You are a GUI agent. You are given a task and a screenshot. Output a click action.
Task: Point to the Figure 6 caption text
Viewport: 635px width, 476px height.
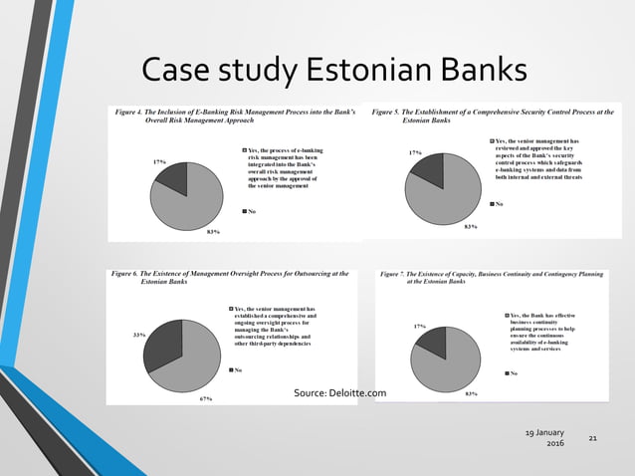click(x=231, y=276)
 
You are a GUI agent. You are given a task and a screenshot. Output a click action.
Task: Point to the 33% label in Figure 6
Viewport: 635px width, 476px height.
click(x=138, y=336)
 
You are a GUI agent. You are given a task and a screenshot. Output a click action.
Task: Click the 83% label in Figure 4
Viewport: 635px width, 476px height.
click(x=212, y=232)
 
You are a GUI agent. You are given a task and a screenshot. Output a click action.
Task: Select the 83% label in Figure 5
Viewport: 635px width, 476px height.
click(x=471, y=227)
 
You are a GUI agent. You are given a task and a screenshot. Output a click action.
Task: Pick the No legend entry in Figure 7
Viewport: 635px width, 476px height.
click(x=512, y=374)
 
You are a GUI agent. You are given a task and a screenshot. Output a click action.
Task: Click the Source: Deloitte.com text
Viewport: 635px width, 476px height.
click(x=339, y=393)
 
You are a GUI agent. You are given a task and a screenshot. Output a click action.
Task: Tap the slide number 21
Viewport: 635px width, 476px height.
click(x=593, y=438)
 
